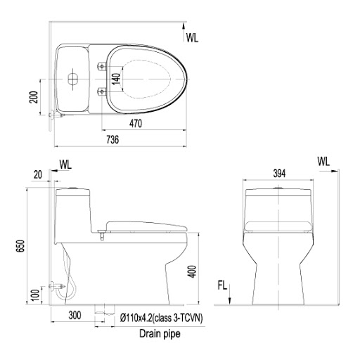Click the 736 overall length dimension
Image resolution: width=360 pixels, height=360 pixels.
112,141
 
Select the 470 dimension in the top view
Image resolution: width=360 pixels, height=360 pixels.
136,124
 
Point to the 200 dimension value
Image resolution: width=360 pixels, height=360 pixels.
33,97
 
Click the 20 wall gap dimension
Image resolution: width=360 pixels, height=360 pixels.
37,174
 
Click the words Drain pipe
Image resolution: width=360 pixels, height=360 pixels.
158,335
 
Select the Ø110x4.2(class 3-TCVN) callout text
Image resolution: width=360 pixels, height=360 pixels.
160,318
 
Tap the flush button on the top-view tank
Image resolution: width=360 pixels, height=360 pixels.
72,79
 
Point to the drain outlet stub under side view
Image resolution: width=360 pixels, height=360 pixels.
105,309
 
